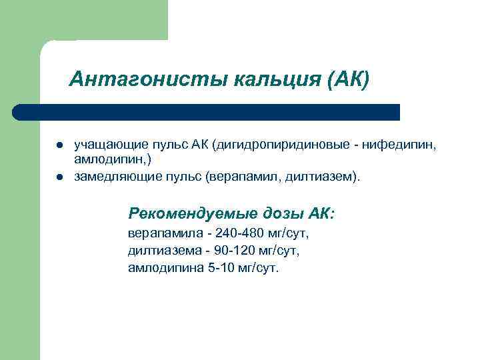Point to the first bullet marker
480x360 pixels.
point(59,144)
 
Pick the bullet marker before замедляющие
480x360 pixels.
point(59,178)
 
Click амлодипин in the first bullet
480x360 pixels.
point(99,160)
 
